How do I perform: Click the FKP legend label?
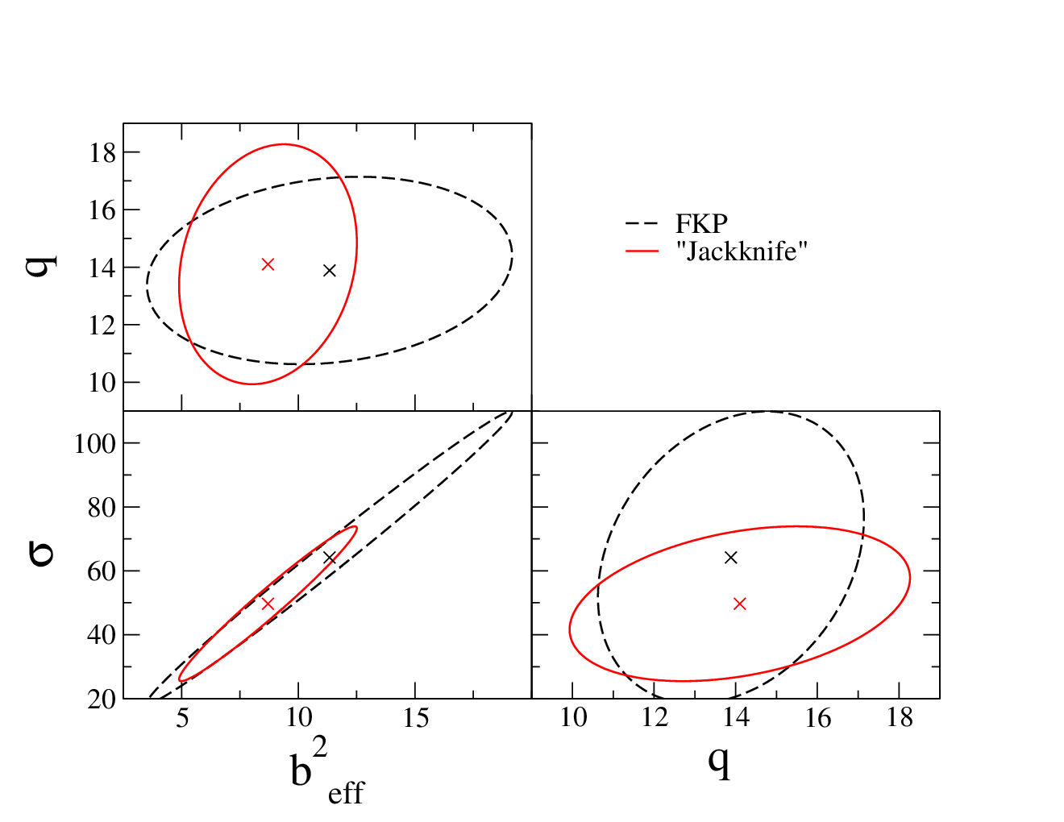tap(701, 224)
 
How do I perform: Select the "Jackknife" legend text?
tap(741, 251)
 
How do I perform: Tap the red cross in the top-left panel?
tap(268, 264)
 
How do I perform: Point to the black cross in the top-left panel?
tap(330, 270)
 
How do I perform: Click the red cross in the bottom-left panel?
tap(268, 604)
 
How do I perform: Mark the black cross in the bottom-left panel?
tap(330, 558)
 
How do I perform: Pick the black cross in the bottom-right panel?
tap(730, 558)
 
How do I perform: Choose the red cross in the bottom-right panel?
tap(739, 604)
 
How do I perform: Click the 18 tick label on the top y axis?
tap(102, 153)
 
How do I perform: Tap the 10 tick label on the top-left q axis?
tap(102, 383)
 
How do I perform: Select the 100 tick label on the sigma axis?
tap(95, 444)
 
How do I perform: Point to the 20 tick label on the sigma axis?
tap(102, 700)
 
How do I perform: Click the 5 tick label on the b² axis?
tap(182, 718)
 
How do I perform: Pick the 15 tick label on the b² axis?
tap(416, 718)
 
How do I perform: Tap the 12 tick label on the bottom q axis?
tap(655, 718)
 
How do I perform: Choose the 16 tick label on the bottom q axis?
tap(817, 718)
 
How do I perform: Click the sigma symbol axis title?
tap(42, 554)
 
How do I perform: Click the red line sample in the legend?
tap(642, 251)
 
